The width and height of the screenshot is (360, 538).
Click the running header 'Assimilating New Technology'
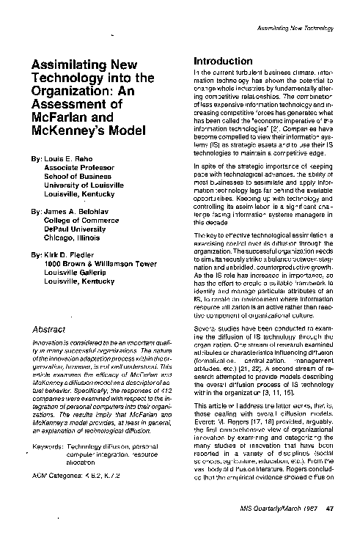(296, 28)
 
